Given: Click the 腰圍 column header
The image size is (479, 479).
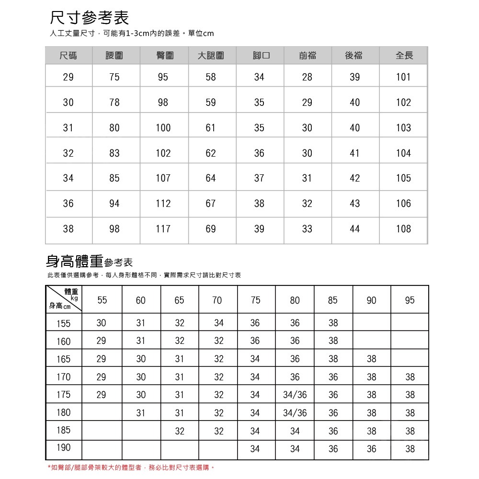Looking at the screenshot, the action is tap(114, 56).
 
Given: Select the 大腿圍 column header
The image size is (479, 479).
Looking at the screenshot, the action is tap(211, 56).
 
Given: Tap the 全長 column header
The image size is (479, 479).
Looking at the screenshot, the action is tap(404, 56).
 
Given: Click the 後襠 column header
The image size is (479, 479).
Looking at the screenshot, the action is tap(354, 56).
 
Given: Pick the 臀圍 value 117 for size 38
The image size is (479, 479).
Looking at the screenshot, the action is tap(163, 229).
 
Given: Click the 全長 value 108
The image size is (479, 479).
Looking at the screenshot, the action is tap(403, 229).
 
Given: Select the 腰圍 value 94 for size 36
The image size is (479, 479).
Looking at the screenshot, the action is tap(114, 204).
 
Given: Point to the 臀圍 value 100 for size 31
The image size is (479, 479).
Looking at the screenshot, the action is tap(163, 128).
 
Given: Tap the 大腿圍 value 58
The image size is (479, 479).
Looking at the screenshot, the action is tap(211, 77).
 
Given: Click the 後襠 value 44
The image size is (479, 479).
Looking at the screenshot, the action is tap(354, 229).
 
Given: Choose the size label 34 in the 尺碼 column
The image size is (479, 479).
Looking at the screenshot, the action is tap(68, 178).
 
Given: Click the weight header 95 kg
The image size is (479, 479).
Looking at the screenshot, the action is tap(410, 300).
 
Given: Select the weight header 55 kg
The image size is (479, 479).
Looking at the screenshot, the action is tap(102, 300).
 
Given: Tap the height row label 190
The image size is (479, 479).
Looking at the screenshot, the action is tap(63, 448).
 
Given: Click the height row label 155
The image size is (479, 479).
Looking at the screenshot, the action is tap(63, 323).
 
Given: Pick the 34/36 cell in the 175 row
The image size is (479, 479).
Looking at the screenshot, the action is tap(295, 395).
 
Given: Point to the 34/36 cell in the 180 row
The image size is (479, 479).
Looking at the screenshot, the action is tap(295, 412).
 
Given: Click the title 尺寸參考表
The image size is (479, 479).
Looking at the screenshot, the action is tap(90, 18).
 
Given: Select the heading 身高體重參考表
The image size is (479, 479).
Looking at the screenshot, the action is tap(89, 262).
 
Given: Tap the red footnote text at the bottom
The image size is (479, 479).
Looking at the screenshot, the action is tap(130, 467).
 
